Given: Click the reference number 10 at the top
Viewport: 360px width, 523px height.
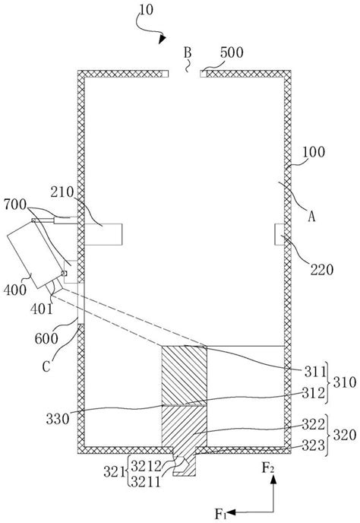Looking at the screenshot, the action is pos(146,10).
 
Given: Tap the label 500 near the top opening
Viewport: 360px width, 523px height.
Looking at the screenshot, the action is pos(232,52).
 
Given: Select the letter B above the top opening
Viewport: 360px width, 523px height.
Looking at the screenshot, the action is pos(188,52).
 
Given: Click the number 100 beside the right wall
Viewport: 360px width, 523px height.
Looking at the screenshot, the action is pos(314,152).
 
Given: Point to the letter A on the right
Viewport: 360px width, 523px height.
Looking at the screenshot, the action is pos(311,217).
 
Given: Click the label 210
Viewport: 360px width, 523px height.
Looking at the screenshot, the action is pos(62,192).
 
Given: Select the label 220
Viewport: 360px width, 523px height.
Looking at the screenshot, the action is pos(322,270).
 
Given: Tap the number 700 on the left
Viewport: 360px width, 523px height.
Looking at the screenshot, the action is pos(15,204).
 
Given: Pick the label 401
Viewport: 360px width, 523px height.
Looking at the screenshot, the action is pos(41,309).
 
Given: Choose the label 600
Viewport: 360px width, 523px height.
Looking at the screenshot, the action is pos(46,338).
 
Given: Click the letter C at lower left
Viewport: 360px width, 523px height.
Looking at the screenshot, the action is pos(46,366).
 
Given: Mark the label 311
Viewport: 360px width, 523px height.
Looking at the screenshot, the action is pos(314,371).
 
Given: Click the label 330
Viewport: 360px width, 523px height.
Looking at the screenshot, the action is pos(58,419).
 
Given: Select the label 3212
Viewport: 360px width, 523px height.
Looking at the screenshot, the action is pos(146,465).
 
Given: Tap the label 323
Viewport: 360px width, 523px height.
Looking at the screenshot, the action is pos(314,445).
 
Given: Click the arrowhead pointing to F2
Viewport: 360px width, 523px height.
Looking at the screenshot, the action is pos(273,480).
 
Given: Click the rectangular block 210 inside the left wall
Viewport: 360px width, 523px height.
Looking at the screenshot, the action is pos(103,234).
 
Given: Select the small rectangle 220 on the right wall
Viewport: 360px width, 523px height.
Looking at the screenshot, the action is pos(279,234).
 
